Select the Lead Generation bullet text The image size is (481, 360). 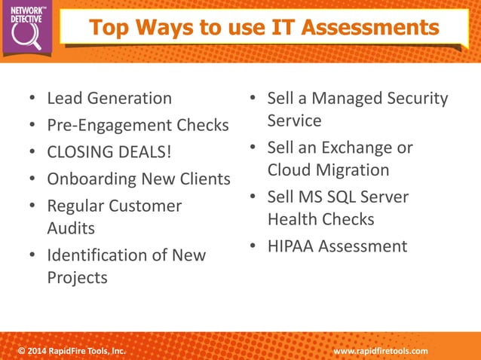click(x=109, y=98)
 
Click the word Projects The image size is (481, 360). click(x=77, y=277)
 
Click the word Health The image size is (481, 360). click(x=295, y=219)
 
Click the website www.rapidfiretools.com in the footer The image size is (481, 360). click(x=381, y=351)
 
